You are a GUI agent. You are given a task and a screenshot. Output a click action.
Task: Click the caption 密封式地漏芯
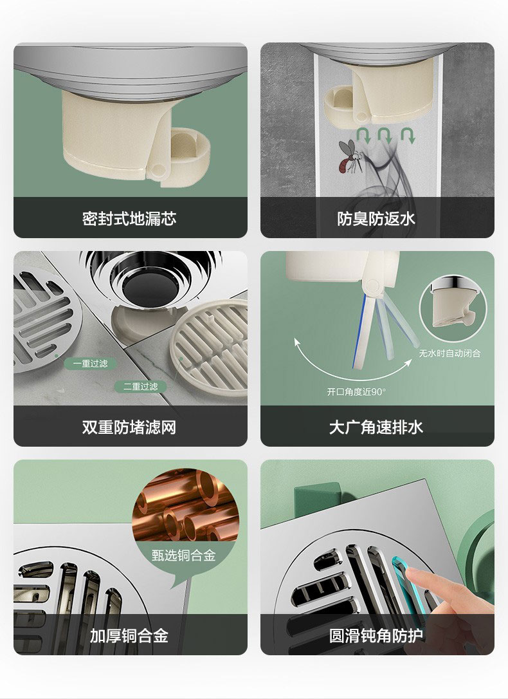click(x=129, y=218)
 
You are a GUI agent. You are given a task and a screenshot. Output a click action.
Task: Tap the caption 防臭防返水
click(x=376, y=218)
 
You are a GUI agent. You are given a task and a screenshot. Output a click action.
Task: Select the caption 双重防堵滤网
click(x=129, y=427)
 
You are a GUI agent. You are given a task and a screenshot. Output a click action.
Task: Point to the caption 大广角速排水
click(x=376, y=427)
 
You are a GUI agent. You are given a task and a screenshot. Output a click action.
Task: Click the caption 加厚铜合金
click(x=129, y=636)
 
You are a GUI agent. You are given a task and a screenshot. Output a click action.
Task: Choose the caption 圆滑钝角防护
click(x=376, y=636)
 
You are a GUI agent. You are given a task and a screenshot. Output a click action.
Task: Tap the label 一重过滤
click(x=91, y=364)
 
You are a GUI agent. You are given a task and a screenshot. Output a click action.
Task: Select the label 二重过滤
click(x=141, y=386)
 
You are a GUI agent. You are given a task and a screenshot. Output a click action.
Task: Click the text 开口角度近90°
click(x=356, y=392)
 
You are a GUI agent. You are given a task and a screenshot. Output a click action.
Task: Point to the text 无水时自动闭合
click(x=449, y=353)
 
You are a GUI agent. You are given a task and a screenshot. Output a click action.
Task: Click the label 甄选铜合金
click(x=183, y=555)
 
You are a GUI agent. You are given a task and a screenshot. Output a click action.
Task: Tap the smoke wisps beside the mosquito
click(x=383, y=172)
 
